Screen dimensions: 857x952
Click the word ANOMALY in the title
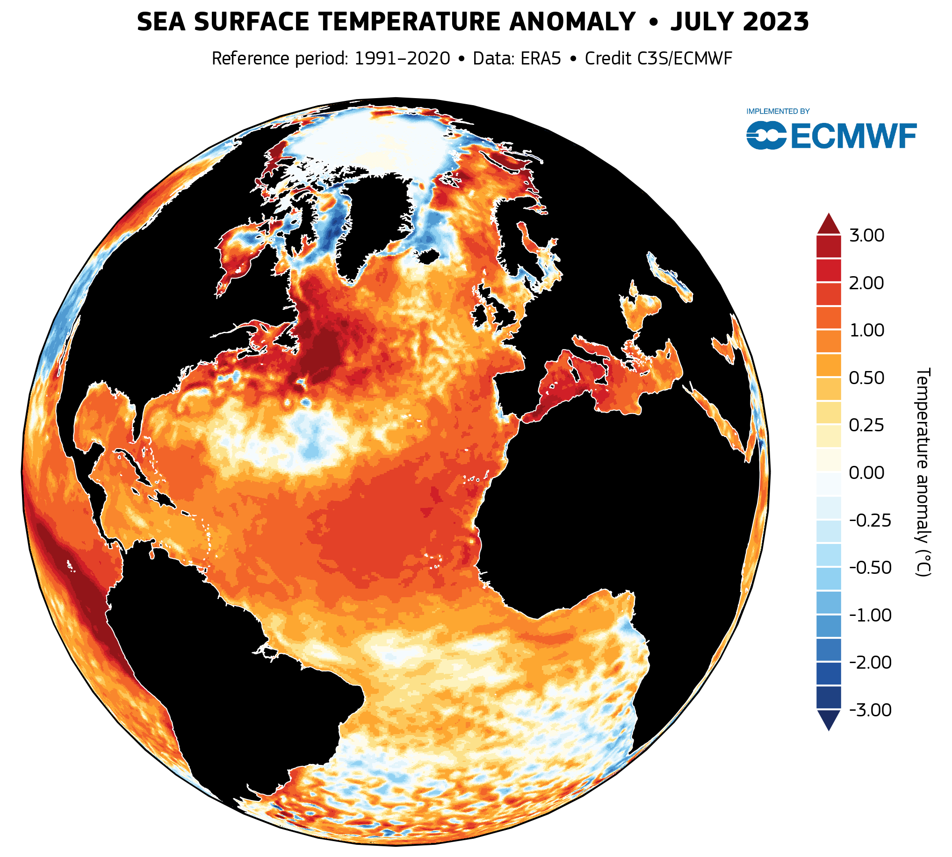572,22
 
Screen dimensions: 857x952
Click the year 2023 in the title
761,22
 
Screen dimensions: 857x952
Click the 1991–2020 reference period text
402,59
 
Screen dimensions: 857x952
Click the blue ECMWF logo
831,136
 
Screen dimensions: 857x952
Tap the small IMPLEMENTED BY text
778,112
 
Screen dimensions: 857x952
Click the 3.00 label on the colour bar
866,236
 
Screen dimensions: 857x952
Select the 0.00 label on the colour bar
866,473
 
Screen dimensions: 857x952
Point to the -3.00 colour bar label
870,710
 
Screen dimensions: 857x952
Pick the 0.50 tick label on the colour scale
866,378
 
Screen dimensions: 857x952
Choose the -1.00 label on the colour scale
870,615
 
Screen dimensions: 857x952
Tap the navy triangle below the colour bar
828,719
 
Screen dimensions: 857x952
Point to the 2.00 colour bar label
866,283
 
